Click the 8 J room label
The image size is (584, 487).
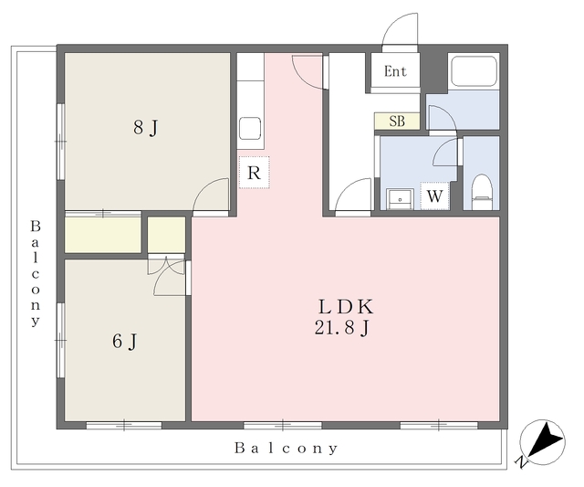tap(146, 128)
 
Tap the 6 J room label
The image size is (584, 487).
tap(125, 341)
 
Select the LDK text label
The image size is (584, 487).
tap(346, 307)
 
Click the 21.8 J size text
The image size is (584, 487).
tap(342, 328)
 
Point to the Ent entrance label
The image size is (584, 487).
tap(395, 71)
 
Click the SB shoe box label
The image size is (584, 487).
tap(397, 122)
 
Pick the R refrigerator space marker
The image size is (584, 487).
tap(254, 173)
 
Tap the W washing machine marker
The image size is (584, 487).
tap(434, 196)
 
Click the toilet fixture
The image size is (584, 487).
tap(482, 192)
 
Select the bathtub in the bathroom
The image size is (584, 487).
tap(474, 71)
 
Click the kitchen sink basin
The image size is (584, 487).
tap(250, 129)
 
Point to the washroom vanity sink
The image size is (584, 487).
tap(401, 199)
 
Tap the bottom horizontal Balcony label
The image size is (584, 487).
tap(286, 448)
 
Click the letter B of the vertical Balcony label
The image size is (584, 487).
tap(36, 226)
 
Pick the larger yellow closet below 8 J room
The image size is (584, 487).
tap(103, 235)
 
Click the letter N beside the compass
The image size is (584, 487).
tap(521, 462)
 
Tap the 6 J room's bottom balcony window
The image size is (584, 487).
tap(124, 425)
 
